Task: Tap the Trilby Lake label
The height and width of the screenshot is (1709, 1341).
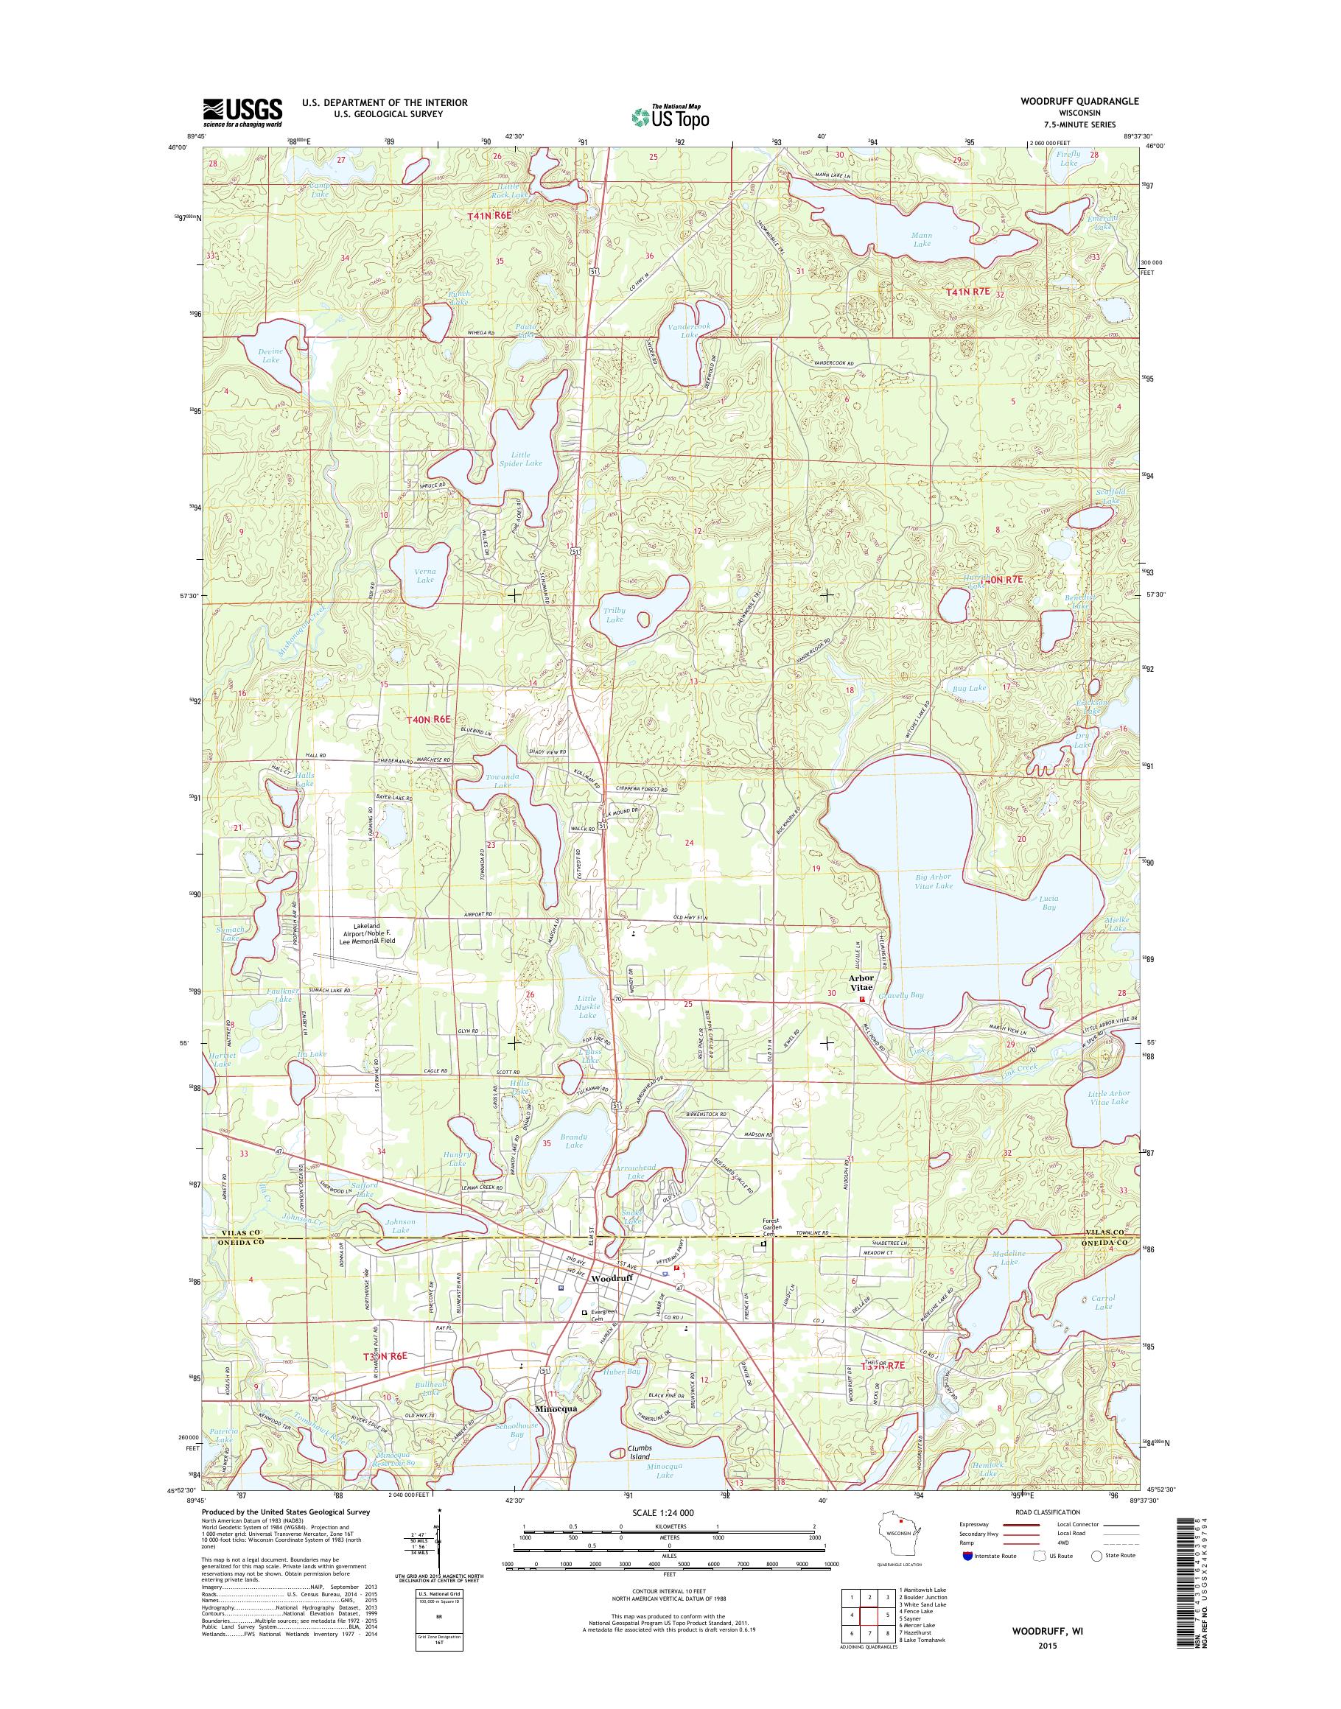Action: point(613,614)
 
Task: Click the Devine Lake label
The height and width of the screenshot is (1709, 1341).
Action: point(271,355)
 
